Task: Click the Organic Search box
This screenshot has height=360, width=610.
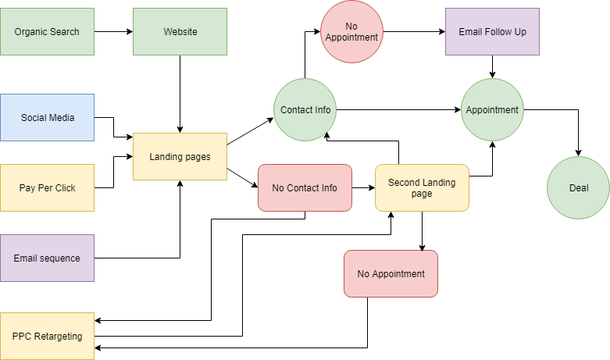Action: pos(47,31)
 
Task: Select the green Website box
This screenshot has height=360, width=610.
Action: pos(180,31)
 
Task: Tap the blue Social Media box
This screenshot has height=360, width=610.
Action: pos(47,117)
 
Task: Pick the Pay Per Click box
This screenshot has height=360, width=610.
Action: pos(47,187)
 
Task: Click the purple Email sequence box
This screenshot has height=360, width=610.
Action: pos(47,258)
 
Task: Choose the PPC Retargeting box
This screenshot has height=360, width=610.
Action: pos(47,336)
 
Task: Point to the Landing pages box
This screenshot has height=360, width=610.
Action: pos(180,156)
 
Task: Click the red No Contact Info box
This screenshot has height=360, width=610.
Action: pos(305,187)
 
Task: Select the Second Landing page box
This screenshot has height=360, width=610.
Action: pos(422,187)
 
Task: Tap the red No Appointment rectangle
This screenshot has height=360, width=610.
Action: pos(391,273)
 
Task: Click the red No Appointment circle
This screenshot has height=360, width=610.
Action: pos(351,31)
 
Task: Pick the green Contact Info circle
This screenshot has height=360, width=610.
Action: pos(305,110)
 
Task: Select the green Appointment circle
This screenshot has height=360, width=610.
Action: pos(492,110)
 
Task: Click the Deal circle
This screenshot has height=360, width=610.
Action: pos(578,187)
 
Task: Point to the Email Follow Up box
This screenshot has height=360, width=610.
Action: pos(492,31)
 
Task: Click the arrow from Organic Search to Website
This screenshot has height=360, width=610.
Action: pos(113,32)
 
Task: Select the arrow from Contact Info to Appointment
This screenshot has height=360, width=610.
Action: pos(398,110)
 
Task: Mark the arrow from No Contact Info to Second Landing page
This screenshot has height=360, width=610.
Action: pos(363,188)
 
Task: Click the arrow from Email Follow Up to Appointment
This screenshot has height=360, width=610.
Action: pos(493,66)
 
